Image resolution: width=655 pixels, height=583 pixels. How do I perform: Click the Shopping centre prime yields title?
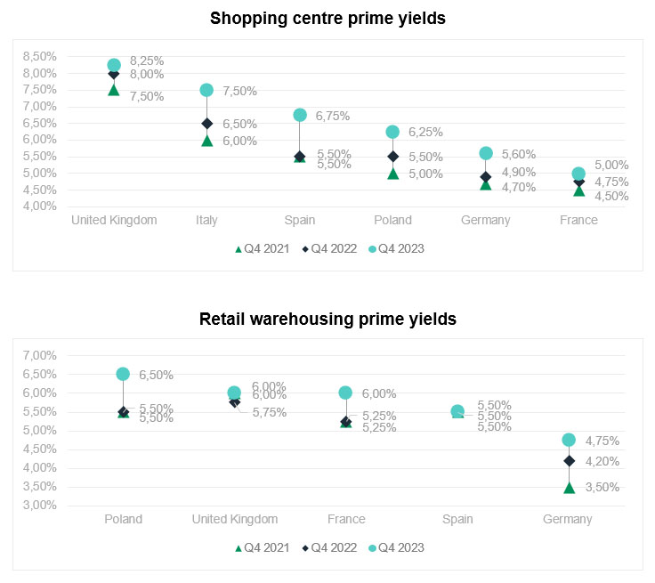point(327,18)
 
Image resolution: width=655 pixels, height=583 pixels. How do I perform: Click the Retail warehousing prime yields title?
point(327,319)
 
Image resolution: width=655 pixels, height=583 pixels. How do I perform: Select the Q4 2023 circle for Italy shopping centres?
point(206,90)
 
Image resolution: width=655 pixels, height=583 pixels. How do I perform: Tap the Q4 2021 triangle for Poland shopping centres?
point(392,174)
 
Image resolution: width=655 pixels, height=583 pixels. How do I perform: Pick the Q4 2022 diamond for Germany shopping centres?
point(486,176)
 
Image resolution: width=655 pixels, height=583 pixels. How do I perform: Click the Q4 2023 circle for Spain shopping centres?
point(300,115)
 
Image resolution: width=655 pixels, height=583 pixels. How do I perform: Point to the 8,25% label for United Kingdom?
point(147,61)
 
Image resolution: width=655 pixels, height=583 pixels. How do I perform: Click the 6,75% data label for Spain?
point(333,116)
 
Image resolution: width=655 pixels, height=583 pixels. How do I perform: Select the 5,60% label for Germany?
point(519,154)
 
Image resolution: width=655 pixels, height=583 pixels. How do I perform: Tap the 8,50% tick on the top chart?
point(39,56)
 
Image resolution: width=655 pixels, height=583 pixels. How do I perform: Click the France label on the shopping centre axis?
point(578,221)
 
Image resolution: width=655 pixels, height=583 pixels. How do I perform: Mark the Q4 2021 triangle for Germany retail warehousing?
point(569,488)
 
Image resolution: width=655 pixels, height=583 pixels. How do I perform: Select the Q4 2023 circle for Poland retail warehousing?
point(123,374)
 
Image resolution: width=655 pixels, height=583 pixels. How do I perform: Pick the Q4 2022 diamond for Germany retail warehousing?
point(569,461)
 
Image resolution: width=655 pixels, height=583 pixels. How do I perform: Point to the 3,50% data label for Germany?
point(602,487)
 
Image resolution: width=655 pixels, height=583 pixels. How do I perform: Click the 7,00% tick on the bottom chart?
point(39,356)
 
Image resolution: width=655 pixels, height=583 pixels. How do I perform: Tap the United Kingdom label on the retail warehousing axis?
point(235,519)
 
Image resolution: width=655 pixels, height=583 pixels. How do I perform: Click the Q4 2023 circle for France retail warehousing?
point(345,393)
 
